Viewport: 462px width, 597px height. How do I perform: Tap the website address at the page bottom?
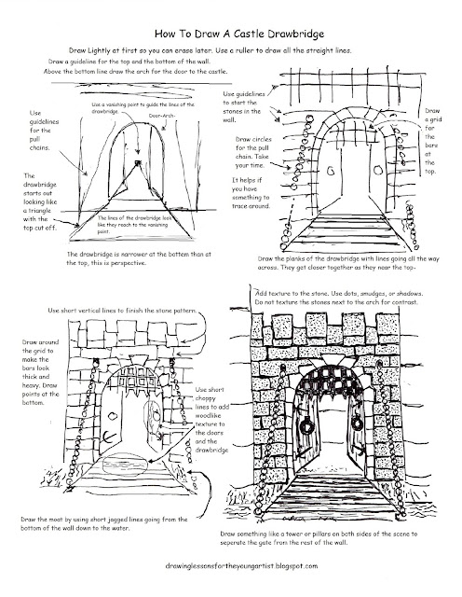(x=231, y=566)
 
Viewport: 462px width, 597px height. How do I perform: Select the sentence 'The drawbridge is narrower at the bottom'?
(x=149, y=257)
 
